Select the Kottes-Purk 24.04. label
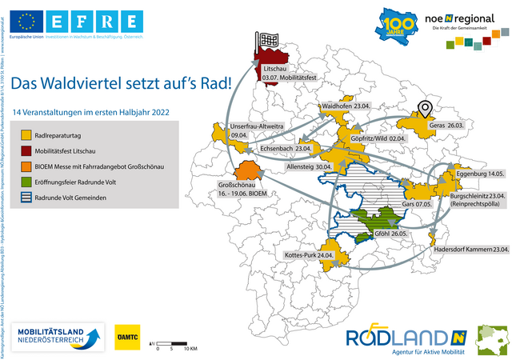[308, 254]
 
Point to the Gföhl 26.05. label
[403, 233]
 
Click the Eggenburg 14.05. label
[478, 174]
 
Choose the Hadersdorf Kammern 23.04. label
[471, 249]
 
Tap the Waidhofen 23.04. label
[345, 106]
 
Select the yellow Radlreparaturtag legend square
[26, 136]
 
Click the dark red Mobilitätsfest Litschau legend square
[26, 150]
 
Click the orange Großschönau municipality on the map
[247, 171]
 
